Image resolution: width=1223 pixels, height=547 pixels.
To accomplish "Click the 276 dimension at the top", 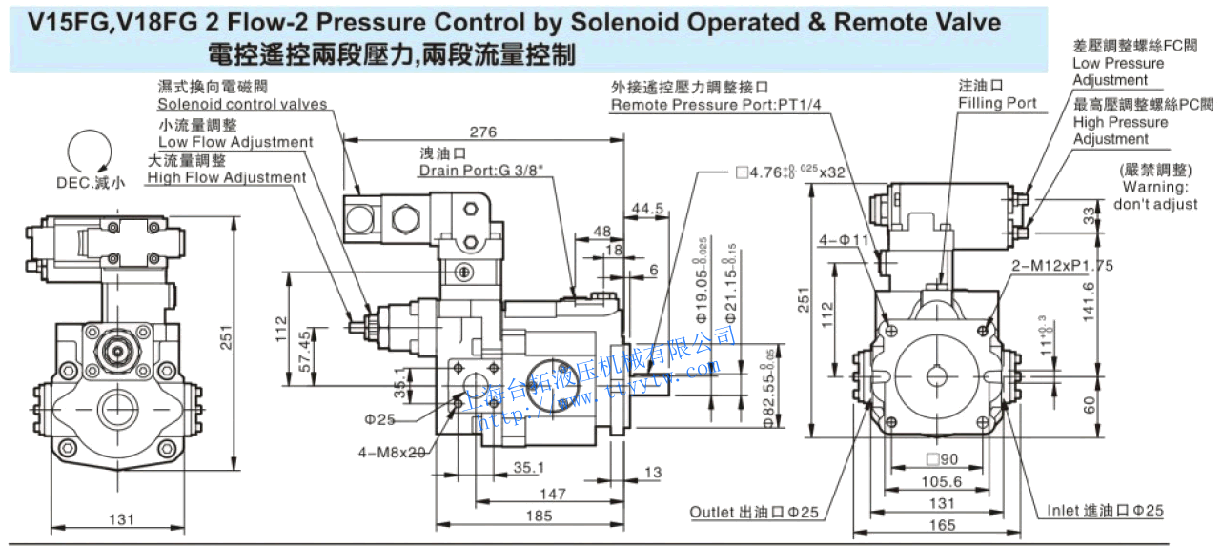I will (483, 132).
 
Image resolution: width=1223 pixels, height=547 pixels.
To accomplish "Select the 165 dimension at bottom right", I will (942, 524).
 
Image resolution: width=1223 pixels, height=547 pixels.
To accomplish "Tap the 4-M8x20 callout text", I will (392, 452).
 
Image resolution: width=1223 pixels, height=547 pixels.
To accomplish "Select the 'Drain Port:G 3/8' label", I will (466, 171).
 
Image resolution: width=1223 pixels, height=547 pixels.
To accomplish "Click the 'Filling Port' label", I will (997, 103).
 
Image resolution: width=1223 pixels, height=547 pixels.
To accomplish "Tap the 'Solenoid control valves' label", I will (242, 104).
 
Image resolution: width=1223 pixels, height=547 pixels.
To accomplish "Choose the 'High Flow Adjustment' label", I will (227, 177).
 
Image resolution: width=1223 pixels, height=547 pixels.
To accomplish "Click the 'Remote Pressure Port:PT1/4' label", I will (716, 104).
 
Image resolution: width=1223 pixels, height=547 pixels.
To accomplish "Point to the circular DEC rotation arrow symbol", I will (91, 152).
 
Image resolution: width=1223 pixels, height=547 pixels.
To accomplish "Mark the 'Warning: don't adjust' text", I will (1155, 195).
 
